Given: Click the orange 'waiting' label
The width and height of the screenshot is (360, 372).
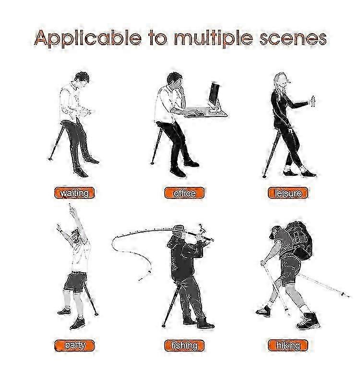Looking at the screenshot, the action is click(x=74, y=193).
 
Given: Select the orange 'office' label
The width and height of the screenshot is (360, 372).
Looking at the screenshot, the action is click(x=184, y=193).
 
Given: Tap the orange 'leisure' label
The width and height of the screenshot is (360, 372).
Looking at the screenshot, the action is click(x=288, y=193).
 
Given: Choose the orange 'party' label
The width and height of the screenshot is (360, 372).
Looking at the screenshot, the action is click(x=74, y=346).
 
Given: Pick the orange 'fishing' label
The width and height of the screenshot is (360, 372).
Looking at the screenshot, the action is click(x=184, y=346).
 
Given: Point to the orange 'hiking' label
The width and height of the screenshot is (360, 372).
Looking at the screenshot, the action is click(x=288, y=346).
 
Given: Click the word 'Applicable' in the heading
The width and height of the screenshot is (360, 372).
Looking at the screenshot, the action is click(x=88, y=38).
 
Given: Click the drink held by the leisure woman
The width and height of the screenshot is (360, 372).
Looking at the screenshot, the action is click(x=312, y=101).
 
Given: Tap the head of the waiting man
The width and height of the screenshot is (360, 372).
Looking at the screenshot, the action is click(x=82, y=79).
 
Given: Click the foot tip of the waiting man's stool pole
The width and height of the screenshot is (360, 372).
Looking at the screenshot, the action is click(x=50, y=159).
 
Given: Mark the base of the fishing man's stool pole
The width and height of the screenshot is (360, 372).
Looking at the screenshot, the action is click(x=163, y=326).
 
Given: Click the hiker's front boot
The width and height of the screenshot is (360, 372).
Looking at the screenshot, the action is click(x=308, y=321).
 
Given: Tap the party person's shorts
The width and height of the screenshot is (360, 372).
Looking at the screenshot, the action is click(x=75, y=281).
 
